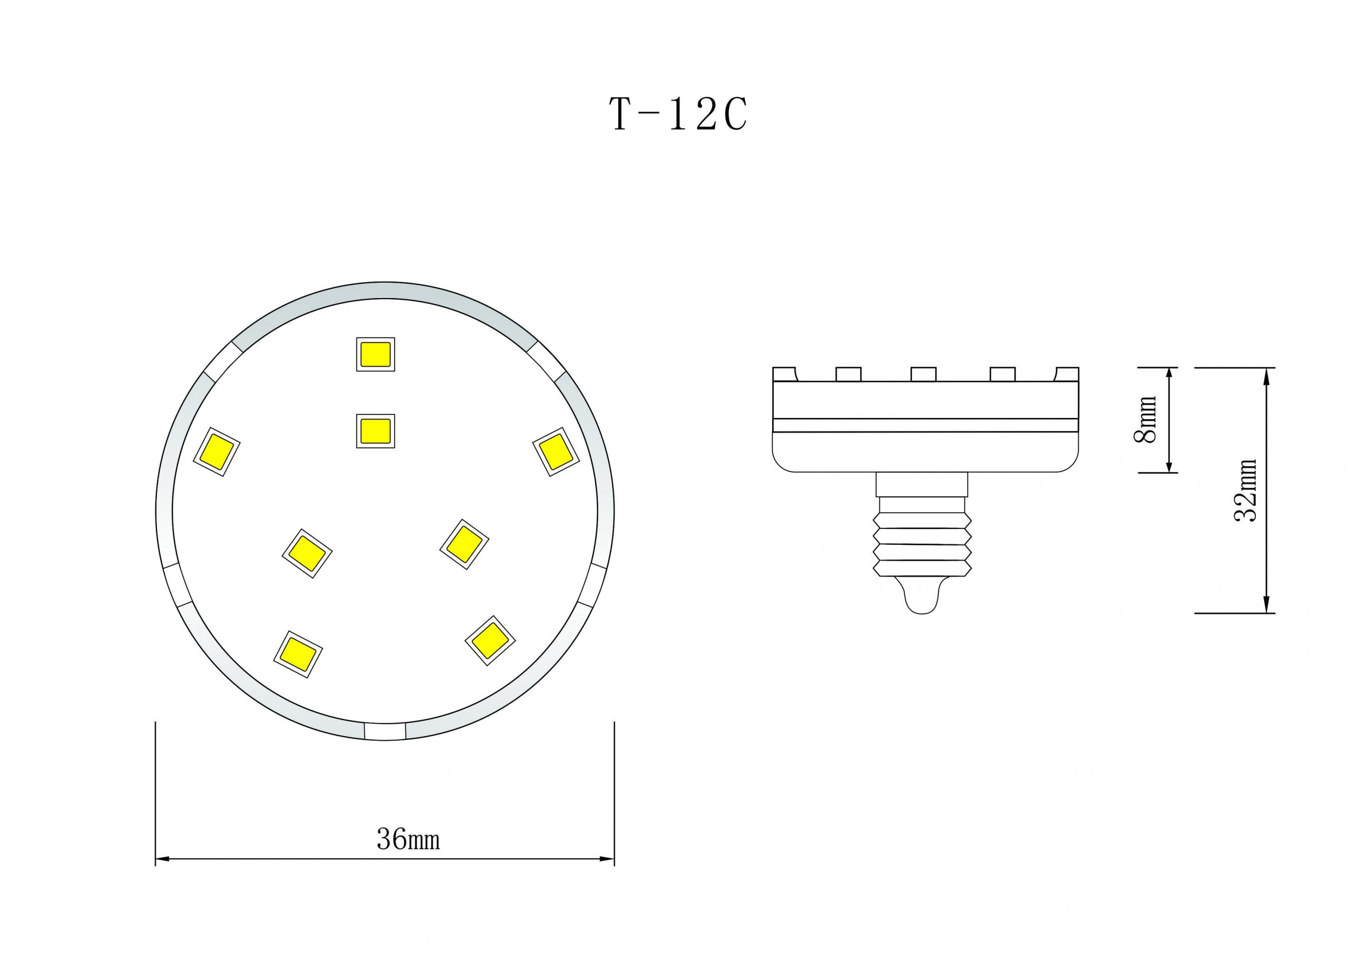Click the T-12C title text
(x=678, y=114)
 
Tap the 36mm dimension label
(x=409, y=839)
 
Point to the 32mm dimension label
(x=1245, y=490)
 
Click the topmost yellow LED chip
(x=375, y=354)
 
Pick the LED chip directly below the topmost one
(x=375, y=431)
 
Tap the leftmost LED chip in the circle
(x=216, y=451)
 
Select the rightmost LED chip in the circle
(x=555, y=451)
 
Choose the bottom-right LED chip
(x=490, y=640)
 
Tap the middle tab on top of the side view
(x=923, y=374)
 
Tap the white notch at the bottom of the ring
(x=385, y=731)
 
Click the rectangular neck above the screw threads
(x=922, y=485)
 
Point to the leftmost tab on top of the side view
(x=784, y=374)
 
